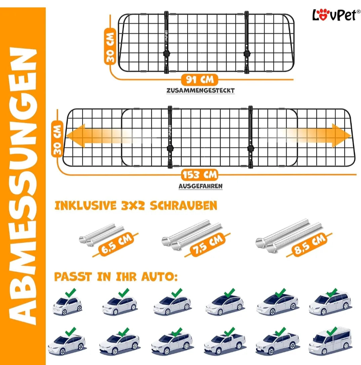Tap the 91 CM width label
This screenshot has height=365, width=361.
point(200,80)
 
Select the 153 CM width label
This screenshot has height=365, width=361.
point(200,175)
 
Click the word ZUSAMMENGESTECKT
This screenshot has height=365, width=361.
point(200,90)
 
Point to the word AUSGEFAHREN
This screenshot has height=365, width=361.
point(200,186)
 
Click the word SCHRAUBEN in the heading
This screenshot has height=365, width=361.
point(184,206)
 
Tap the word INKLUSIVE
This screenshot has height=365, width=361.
point(85,206)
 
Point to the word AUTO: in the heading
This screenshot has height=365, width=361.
point(159,277)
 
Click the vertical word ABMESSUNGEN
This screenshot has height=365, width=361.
point(23,186)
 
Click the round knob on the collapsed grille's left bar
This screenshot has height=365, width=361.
point(167,54)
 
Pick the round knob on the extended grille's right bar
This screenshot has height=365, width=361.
point(251,148)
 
